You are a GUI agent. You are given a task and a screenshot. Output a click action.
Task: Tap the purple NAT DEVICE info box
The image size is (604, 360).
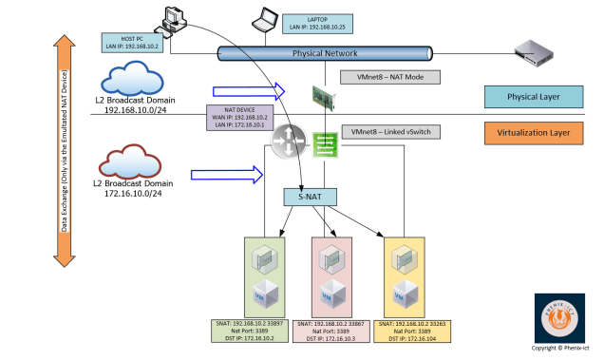coord(239,116)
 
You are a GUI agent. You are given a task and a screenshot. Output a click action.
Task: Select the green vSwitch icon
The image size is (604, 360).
coord(325,142)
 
